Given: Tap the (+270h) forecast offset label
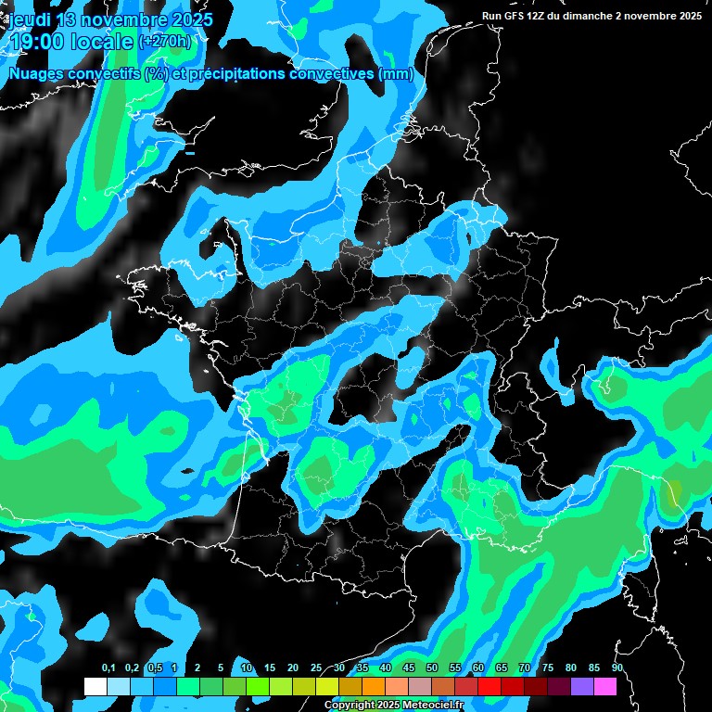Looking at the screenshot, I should (165, 41).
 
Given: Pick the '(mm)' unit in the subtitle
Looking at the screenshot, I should (396, 74).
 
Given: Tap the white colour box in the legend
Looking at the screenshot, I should (95, 687).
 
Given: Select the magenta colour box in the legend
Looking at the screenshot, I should (605, 687).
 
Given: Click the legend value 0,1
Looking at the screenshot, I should (108, 668).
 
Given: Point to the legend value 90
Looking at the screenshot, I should (617, 668).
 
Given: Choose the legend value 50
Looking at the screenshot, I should (432, 668).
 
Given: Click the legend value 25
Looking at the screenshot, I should (316, 668).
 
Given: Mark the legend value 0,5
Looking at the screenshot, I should (155, 668).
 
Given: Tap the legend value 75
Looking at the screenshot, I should (548, 668).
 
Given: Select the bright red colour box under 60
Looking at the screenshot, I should (489, 687).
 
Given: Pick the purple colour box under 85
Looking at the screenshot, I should (582, 687).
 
